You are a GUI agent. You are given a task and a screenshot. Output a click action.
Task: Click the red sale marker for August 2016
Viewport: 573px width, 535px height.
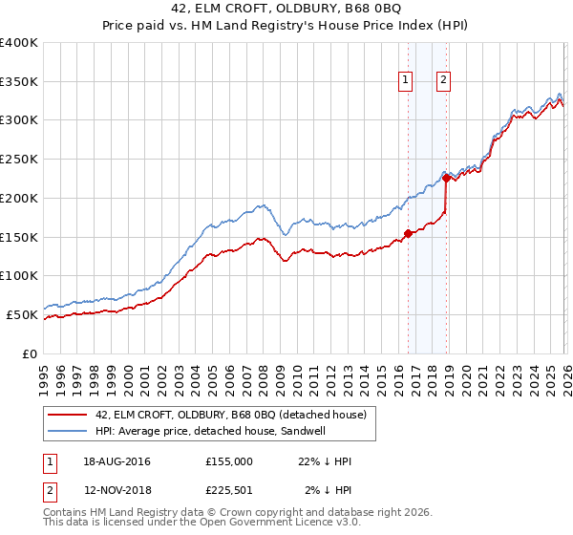[408, 232]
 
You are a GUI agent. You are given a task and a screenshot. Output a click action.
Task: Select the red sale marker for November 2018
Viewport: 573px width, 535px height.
[446, 178]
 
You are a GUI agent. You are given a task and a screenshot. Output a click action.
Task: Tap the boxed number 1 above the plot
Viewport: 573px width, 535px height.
[407, 81]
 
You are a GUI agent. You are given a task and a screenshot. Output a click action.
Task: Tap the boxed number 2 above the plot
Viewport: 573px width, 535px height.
[445, 81]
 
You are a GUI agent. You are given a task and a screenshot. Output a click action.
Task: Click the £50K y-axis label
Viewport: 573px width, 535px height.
[22, 314]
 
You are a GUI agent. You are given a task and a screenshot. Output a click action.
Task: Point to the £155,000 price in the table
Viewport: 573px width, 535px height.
[229, 461]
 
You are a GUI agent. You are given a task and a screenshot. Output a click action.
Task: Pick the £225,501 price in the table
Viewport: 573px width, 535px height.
[229, 490]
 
